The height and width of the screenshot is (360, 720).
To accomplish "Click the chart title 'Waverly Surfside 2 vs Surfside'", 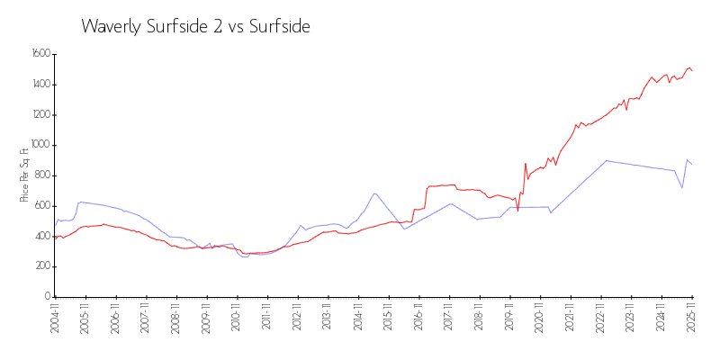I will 195,26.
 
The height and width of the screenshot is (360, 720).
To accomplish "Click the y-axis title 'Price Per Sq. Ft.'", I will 24,175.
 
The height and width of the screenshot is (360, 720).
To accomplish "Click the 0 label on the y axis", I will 47,296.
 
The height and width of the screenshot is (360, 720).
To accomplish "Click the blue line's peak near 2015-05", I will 374,193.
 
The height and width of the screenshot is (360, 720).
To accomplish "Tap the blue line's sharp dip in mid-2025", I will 682,187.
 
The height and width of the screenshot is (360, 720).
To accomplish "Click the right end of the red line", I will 692,70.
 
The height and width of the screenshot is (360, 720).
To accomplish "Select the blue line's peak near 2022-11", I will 607,161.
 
